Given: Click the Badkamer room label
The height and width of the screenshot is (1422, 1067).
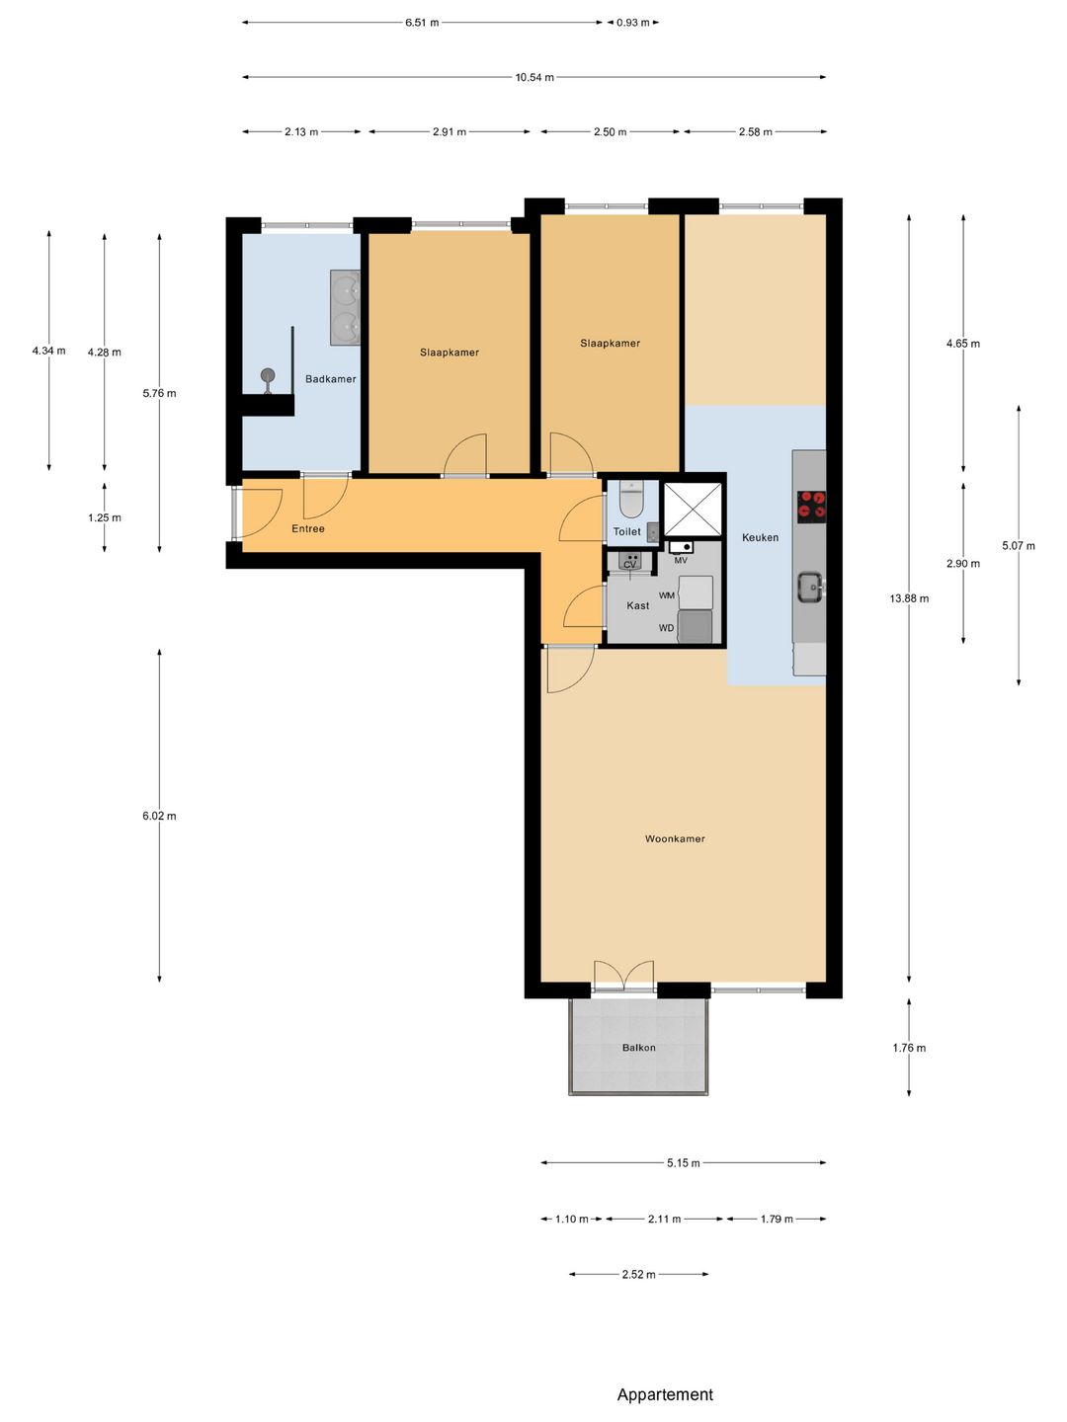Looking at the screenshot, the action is click(330, 379).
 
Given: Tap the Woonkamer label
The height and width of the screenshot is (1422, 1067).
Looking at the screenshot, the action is click(675, 838).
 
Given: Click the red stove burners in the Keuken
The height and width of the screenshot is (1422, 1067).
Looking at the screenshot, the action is click(811, 506).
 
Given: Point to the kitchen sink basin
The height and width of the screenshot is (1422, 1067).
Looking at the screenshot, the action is click(809, 588).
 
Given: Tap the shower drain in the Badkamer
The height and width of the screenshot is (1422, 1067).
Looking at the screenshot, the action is click(268, 375).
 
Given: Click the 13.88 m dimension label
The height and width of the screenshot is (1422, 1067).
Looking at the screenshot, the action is click(909, 598).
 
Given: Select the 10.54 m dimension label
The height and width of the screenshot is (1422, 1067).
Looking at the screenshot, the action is click(534, 78).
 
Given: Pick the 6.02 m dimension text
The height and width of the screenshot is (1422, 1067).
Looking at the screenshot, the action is click(159, 816).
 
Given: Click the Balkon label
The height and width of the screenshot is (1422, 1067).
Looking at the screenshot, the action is click(639, 1048).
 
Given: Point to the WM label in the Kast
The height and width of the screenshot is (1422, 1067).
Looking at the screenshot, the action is click(667, 595).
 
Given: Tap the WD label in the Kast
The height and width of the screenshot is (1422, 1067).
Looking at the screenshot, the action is click(666, 628).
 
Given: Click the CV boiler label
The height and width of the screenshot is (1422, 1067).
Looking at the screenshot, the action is click(629, 565).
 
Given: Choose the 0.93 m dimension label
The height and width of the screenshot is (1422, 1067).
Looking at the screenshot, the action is click(632, 23).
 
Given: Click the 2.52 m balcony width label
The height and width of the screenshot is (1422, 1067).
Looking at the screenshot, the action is click(639, 1274).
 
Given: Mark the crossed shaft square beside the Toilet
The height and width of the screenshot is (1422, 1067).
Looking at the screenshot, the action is click(693, 509).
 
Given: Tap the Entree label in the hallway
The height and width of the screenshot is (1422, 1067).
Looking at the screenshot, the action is click(307, 528).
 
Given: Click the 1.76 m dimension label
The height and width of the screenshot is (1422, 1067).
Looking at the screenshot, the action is click(909, 1048).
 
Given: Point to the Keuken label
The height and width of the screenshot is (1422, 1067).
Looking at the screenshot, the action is click(760, 537).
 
